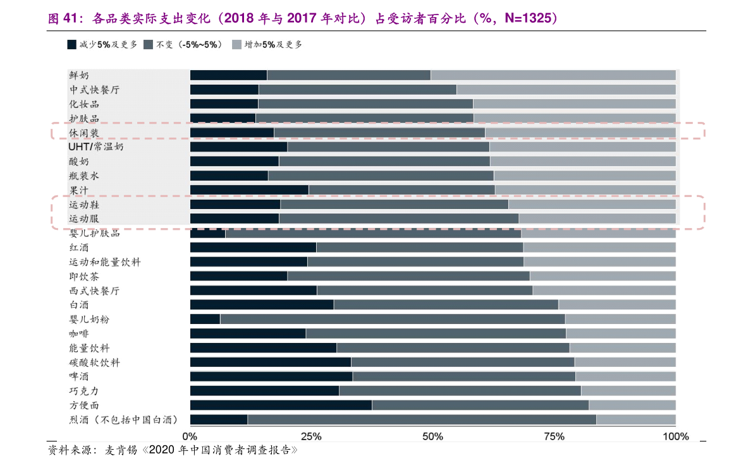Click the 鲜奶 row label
(79, 75)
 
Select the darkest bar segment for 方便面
(281, 405)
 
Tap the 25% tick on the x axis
(311, 436)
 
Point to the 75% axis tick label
(554, 436)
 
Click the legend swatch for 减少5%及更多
(72, 45)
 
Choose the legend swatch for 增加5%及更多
(236, 45)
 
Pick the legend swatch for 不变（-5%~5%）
(149, 45)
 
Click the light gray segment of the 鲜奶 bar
(553, 75)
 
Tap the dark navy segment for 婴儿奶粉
(205, 320)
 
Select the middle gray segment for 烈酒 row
(422, 419)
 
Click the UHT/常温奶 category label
(95, 147)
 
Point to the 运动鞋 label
(84, 205)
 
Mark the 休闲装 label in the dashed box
(84, 133)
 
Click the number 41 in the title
(70, 18)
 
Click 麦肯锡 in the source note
(121, 450)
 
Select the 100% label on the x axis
(676, 436)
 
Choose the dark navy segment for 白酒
(262, 305)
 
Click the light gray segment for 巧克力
(628, 391)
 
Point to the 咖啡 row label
(79, 333)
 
